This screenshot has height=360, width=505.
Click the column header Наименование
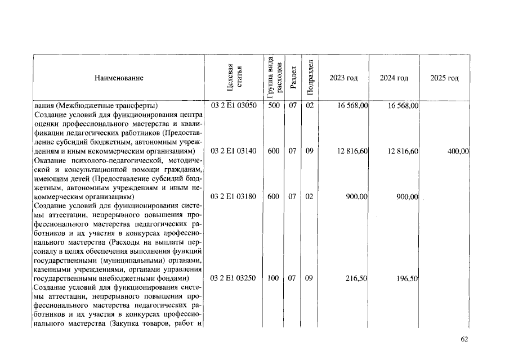pos(119,78)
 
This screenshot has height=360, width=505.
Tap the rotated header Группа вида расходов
pos(272,78)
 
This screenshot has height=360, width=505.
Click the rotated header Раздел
pos(293,79)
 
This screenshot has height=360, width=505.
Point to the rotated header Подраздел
pos(309,78)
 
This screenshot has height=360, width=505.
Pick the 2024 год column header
pos(394,78)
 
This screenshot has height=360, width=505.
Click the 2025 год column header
pos(444,78)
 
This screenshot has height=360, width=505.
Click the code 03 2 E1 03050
pos(234,105)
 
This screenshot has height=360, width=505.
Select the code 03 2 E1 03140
pos(234,151)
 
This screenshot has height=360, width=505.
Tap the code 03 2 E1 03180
pos(234,197)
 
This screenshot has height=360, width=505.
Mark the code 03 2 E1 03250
pos(234,278)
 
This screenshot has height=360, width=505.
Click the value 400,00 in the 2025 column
pos(458,151)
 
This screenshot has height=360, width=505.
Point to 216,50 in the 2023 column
pos(356,278)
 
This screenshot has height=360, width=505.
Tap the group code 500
pos(274,105)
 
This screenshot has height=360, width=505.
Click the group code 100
pos(274,278)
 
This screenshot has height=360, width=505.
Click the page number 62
pos(464,339)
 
